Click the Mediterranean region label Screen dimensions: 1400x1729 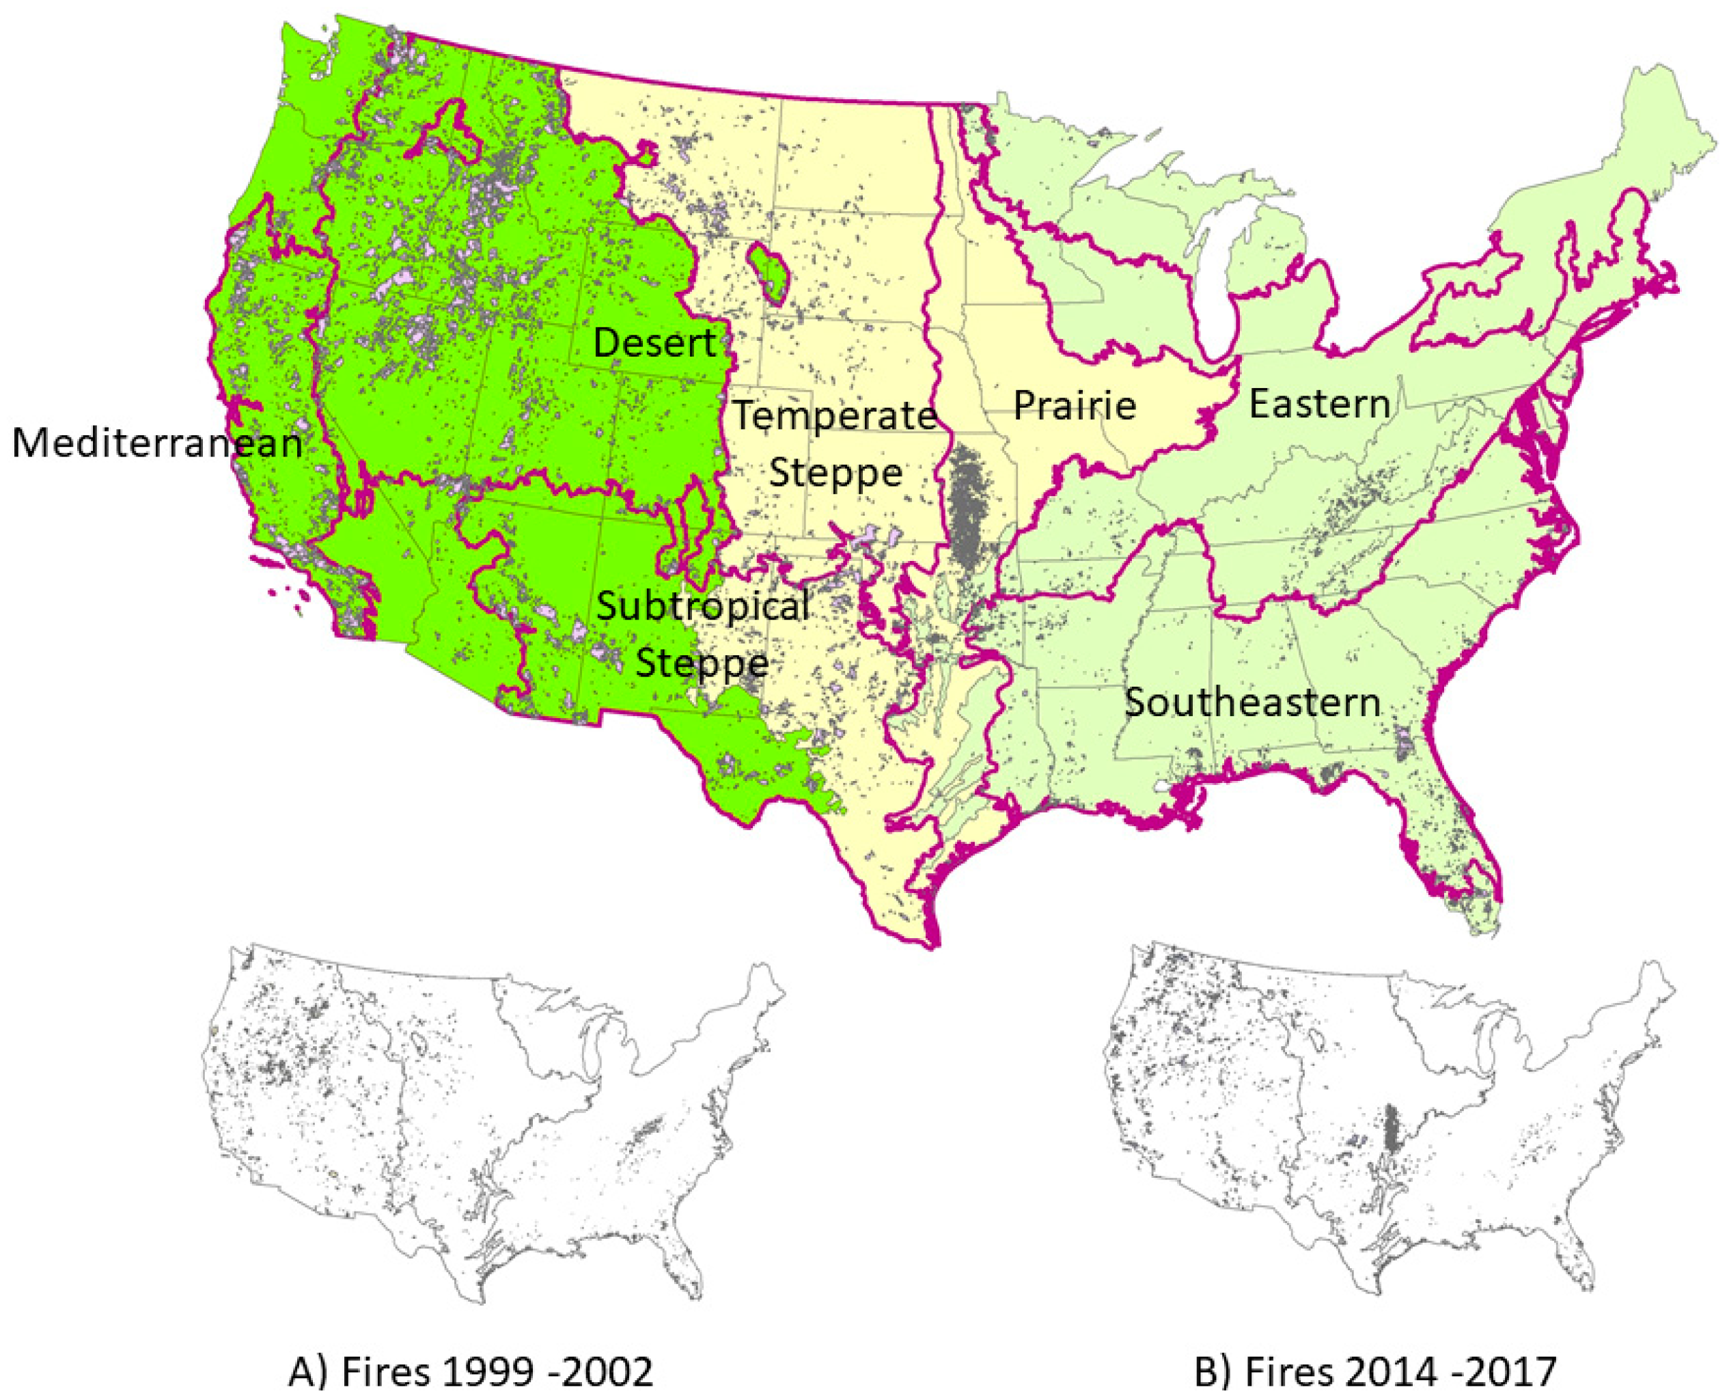[156, 443]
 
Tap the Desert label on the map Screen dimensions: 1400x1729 [654, 344]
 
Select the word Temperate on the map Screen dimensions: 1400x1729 [834, 416]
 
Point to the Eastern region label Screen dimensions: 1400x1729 [1319, 404]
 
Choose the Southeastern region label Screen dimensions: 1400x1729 [1252, 702]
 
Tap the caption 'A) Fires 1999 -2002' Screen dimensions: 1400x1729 [470, 1372]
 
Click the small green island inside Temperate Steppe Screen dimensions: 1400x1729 [769, 275]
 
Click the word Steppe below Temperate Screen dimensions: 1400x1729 [835, 473]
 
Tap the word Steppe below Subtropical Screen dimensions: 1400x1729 [702, 663]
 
